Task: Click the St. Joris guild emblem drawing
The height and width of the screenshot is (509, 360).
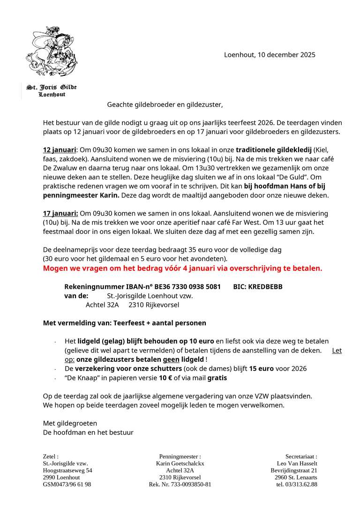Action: (x=52, y=52)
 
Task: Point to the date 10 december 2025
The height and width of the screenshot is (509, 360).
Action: (x=286, y=55)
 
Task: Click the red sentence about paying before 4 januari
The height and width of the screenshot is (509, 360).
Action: (x=182, y=269)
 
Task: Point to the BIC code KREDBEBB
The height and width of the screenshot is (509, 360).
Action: (x=265, y=287)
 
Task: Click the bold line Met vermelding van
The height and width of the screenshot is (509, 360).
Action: (x=124, y=323)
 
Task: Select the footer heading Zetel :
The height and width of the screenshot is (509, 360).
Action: (x=51, y=456)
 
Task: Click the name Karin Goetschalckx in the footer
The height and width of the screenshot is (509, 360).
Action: (x=180, y=464)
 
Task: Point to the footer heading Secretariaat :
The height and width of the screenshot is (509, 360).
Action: (x=301, y=456)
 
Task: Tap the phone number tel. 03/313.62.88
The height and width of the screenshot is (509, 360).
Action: (x=297, y=484)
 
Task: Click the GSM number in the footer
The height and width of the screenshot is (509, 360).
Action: (x=67, y=484)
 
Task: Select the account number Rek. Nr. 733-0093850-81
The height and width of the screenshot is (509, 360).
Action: (x=180, y=484)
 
